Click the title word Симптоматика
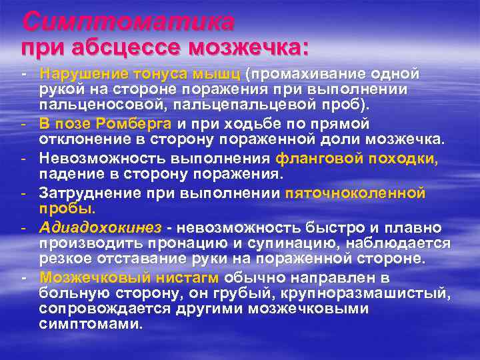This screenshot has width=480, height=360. click(x=128, y=22)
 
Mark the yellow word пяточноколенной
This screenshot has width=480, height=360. click(x=355, y=193)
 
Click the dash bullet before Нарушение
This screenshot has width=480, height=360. click(x=23, y=72)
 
